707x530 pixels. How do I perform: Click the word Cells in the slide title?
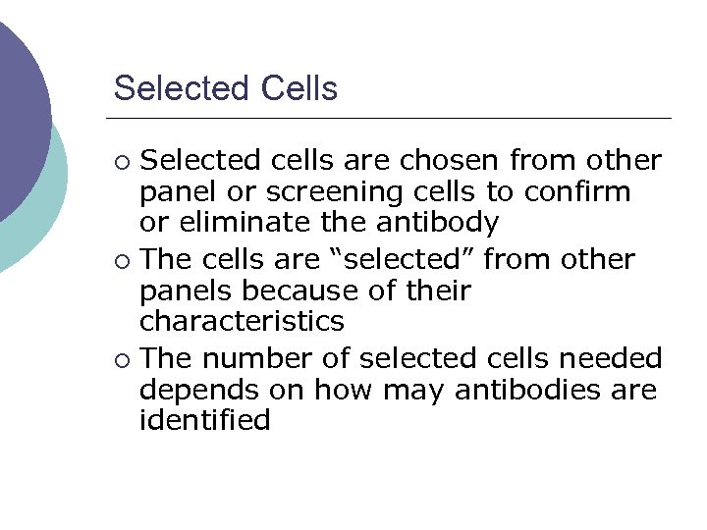point(299,88)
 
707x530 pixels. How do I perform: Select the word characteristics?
point(242,321)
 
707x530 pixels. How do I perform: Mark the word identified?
point(204,420)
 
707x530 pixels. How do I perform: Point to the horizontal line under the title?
point(393,119)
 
